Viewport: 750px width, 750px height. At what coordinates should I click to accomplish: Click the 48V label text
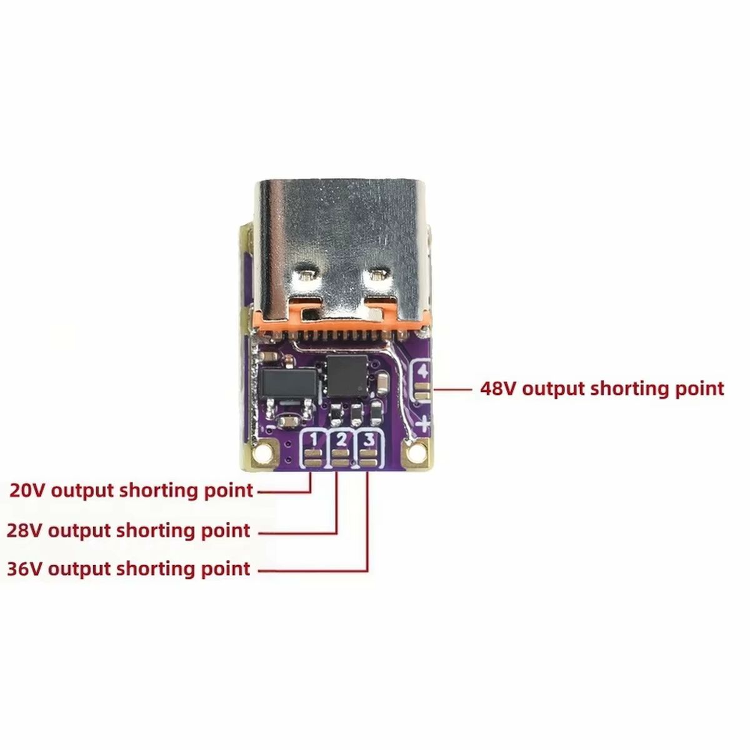602,388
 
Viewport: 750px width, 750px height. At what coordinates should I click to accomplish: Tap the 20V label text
131,491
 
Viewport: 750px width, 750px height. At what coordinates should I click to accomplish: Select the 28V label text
129,530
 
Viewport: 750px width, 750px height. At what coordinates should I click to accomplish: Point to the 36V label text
129,569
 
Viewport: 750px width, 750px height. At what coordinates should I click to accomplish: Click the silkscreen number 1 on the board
314,440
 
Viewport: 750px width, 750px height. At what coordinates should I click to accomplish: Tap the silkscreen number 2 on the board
341,440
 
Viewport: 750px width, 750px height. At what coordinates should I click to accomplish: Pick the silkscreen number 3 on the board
368,440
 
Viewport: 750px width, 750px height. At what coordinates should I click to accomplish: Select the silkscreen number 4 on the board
422,371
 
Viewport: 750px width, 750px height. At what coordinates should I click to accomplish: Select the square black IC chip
347,374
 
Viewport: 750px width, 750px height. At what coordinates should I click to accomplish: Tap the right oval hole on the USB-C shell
377,276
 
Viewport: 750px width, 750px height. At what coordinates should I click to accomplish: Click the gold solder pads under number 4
422,391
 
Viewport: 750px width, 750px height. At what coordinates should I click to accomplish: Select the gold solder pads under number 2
341,458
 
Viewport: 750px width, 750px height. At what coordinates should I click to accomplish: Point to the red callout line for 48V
453,388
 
